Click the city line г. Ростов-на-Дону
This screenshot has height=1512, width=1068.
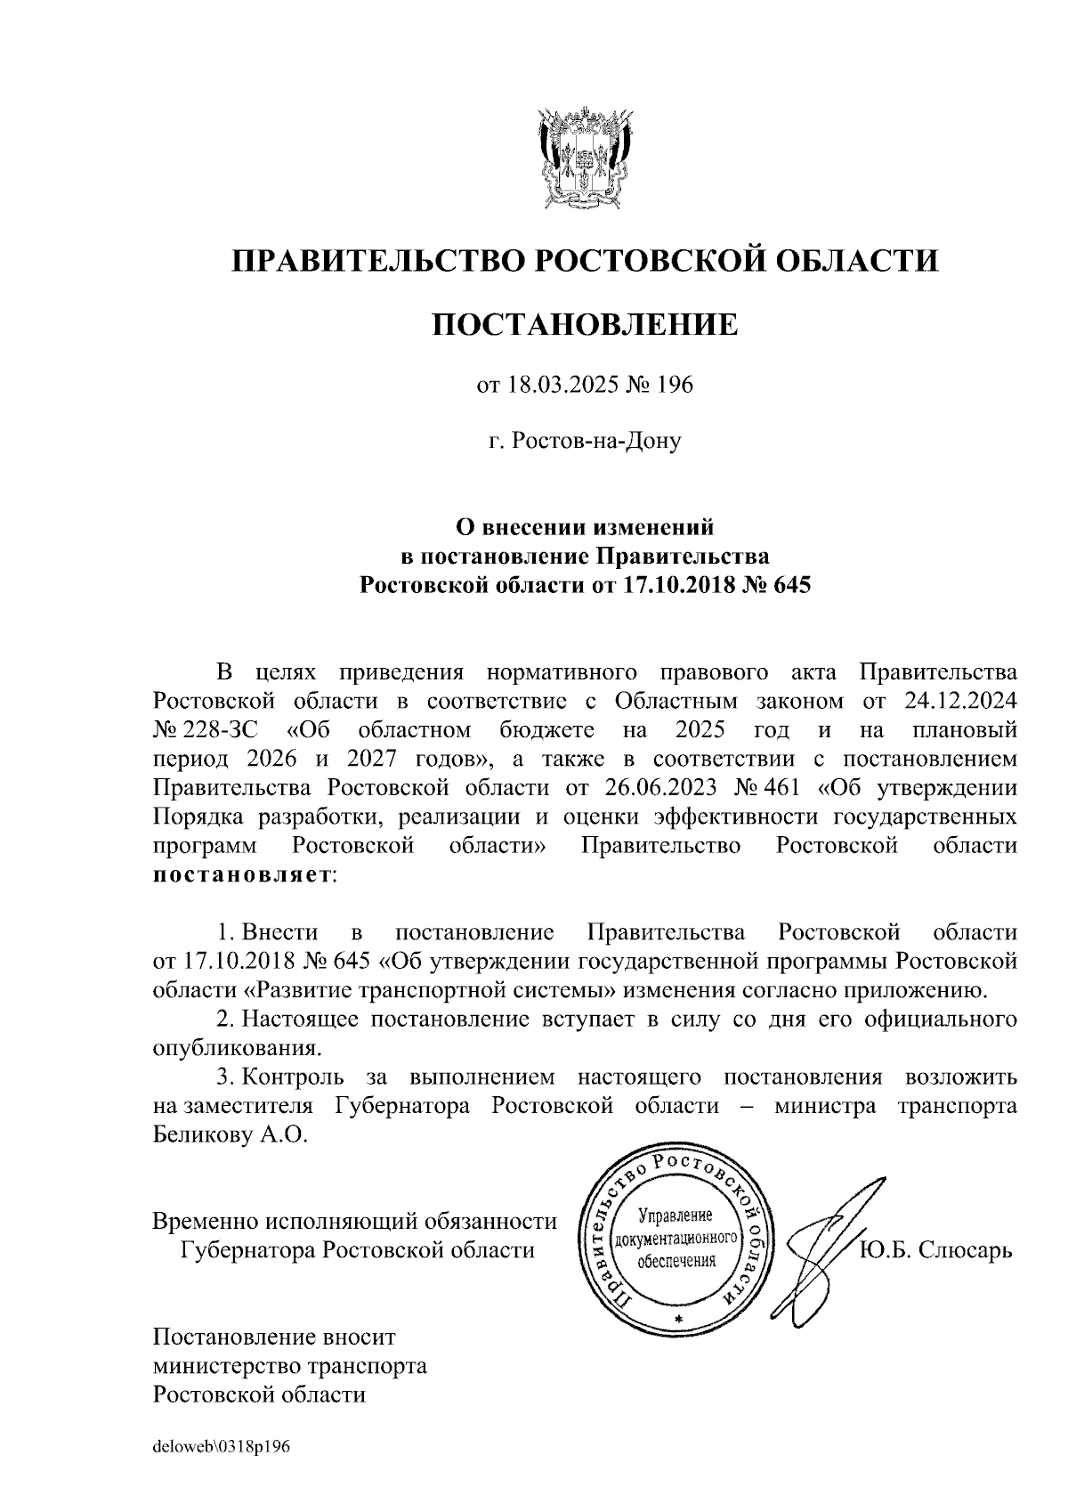(585, 441)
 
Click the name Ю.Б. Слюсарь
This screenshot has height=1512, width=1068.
(935, 1250)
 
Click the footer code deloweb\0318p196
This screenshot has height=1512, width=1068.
(222, 1447)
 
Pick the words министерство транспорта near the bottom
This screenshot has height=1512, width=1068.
(289, 1365)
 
